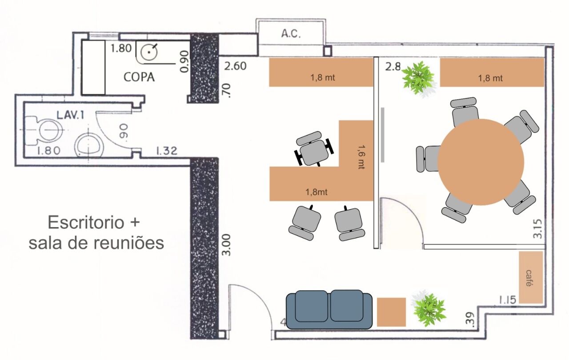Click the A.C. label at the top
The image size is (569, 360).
291,34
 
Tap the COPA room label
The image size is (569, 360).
139,77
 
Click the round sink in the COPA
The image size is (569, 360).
148,52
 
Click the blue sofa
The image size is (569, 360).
329,310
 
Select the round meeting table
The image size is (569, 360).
481,162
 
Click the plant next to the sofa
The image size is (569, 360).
429,309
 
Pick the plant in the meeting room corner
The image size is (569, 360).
418,78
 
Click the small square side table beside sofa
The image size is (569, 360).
392,312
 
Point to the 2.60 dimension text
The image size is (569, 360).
236,67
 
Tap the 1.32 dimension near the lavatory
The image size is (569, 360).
166,151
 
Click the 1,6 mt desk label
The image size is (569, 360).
361,156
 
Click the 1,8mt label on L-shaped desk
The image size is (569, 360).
317,192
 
